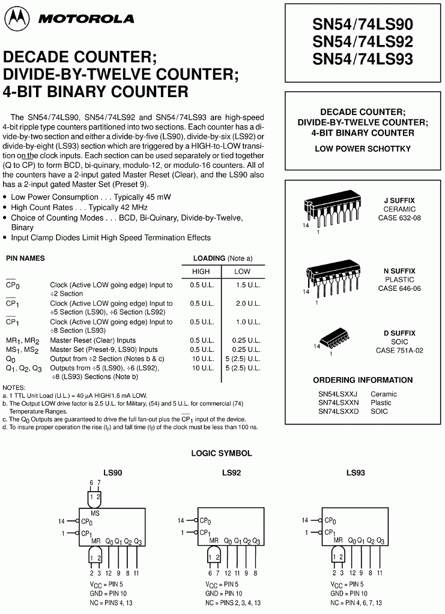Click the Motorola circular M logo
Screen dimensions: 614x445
click(16, 19)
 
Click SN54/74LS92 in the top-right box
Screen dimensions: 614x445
click(363, 41)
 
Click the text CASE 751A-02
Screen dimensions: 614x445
click(399, 350)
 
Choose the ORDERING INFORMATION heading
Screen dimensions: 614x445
click(363, 380)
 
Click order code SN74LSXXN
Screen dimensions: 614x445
click(338, 402)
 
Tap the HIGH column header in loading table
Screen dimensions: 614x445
click(201, 271)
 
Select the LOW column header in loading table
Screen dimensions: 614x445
click(242, 271)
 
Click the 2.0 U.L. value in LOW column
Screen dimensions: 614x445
click(247, 303)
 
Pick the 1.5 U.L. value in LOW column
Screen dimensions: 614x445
click(247, 285)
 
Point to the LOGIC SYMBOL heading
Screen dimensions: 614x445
click(221, 453)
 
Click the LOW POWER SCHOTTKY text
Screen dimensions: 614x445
click(363, 149)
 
